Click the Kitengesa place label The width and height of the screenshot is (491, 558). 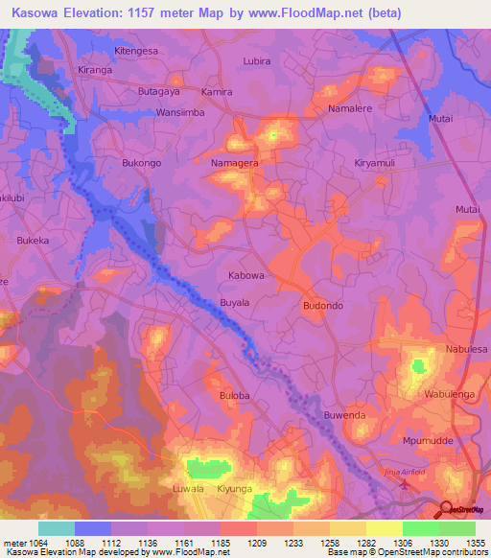click(136, 50)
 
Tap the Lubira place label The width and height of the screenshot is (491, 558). click(257, 60)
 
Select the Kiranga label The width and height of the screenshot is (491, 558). click(95, 71)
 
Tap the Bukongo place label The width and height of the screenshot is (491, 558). click(143, 163)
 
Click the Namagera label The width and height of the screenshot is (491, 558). click(234, 164)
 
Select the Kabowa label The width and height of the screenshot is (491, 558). click(245, 275)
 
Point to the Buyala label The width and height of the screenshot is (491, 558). click(235, 302)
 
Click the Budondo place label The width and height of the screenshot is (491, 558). click(322, 306)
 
